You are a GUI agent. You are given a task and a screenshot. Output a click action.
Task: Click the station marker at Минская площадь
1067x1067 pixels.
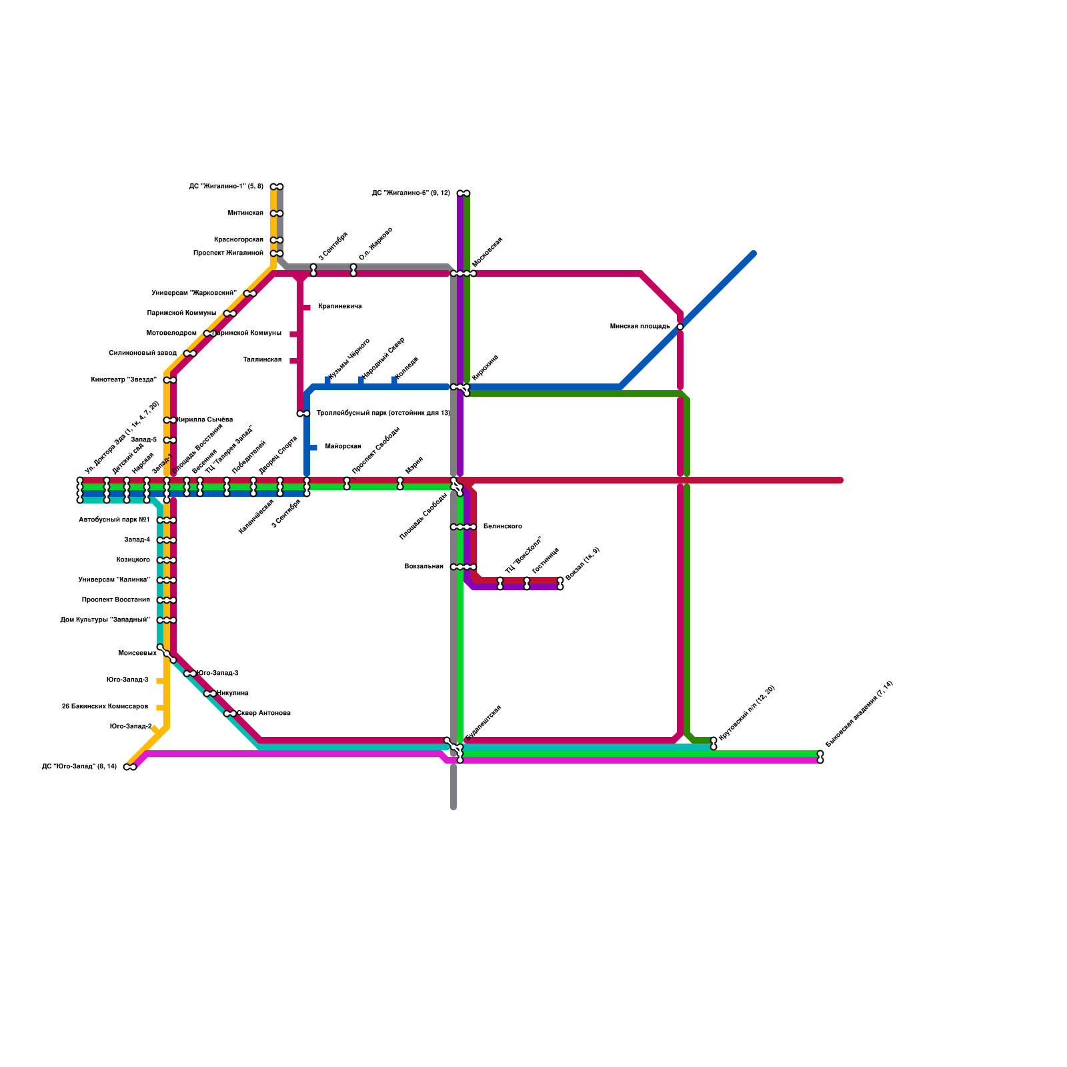point(680,327)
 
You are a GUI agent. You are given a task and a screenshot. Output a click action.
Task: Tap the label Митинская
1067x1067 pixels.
point(245,213)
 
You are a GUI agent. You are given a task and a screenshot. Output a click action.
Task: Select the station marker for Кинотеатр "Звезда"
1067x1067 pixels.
point(170,380)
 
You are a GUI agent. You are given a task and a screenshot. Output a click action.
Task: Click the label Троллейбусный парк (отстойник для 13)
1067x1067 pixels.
point(383,413)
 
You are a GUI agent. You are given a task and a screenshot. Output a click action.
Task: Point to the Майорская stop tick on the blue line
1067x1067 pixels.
point(313,447)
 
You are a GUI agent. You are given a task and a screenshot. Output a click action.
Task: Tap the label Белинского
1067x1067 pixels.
point(502,527)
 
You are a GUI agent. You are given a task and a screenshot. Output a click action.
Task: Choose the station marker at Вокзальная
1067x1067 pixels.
point(463,567)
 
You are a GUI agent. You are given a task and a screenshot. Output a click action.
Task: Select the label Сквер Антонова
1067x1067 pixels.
point(264,714)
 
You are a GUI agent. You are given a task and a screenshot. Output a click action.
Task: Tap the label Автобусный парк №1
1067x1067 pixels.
point(114,520)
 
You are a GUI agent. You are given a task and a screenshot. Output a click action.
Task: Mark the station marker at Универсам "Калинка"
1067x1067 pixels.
point(167,580)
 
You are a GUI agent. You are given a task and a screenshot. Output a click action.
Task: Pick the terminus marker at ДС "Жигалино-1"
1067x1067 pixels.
point(277,187)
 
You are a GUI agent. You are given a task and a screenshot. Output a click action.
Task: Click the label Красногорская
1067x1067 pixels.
point(238,240)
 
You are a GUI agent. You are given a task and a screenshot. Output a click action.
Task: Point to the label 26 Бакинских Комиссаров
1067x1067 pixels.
point(105,707)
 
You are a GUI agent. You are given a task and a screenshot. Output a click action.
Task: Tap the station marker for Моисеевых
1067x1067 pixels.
point(166,654)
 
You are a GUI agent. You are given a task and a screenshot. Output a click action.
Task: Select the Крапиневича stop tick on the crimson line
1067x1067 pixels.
point(306,307)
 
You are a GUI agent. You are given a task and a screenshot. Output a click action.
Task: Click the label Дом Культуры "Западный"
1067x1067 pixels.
point(105,620)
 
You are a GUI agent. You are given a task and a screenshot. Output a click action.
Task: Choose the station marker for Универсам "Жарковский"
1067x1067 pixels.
point(250,293)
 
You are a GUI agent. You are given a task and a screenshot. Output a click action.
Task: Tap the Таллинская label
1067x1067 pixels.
point(262,360)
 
